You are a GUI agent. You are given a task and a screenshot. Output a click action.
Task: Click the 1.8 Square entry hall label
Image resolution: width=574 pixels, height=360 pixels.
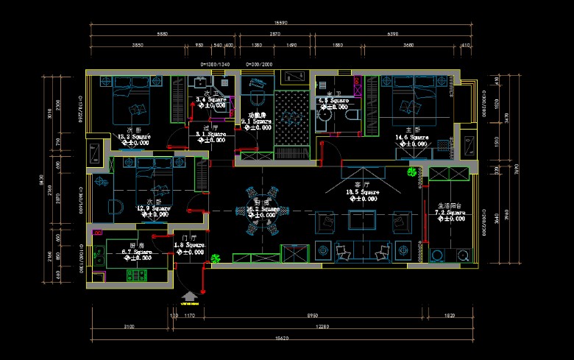pyautogui.click(x=188, y=245)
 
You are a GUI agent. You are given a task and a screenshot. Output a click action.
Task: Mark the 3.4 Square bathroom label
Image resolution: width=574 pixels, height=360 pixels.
pyautogui.click(x=210, y=99)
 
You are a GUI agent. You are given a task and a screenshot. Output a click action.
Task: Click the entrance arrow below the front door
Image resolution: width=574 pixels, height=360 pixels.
pyautogui.click(x=189, y=295)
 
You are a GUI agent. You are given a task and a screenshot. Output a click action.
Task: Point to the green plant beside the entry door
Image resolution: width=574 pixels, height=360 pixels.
pyautogui.click(x=216, y=258)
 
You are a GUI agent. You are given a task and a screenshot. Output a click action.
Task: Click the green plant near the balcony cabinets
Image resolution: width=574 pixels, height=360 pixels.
pyautogui.click(x=411, y=174)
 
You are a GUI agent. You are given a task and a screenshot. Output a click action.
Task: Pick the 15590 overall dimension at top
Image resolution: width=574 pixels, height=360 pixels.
pyautogui.click(x=280, y=22)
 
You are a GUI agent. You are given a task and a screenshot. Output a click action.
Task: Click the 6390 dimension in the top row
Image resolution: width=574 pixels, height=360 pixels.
pyautogui.click(x=392, y=34)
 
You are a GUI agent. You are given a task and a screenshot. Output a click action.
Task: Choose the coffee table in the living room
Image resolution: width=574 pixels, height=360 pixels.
pyautogui.click(x=361, y=220)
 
